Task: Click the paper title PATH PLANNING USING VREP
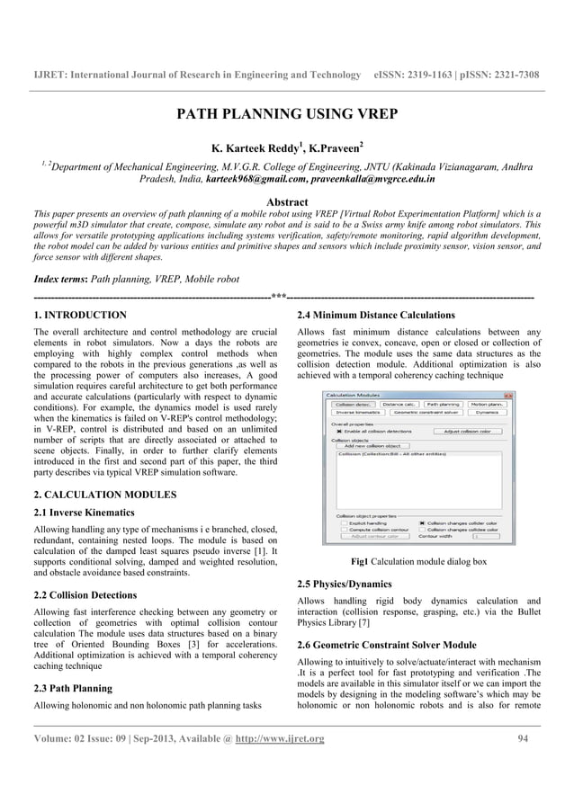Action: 286,115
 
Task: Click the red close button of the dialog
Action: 507,395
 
